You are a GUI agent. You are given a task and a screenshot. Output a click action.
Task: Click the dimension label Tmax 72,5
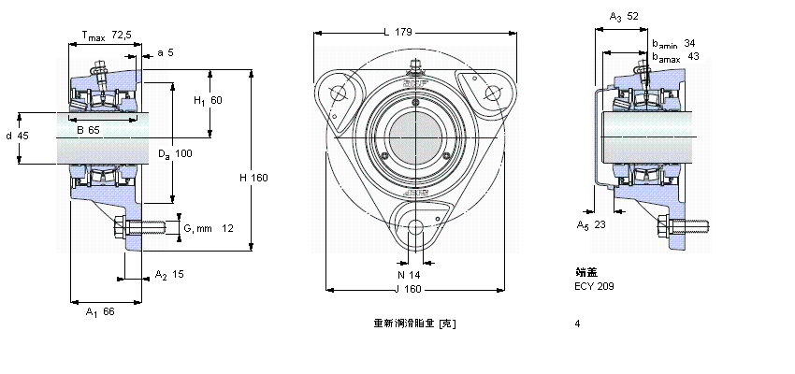click(105, 36)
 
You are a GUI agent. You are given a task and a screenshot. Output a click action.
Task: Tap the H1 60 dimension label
click(208, 100)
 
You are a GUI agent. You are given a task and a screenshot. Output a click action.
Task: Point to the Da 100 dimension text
click(174, 153)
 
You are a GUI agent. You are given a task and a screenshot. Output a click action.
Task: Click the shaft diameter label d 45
click(17, 136)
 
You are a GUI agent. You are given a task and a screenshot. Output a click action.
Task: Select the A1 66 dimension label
click(99, 311)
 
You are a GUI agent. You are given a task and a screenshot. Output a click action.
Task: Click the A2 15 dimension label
click(169, 275)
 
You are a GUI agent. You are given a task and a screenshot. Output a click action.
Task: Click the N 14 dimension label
click(410, 275)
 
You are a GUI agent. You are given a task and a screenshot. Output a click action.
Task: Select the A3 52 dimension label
click(624, 17)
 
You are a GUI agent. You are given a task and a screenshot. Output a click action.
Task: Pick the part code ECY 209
click(595, 286)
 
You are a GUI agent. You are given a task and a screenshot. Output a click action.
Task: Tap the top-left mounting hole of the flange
click(339, 92)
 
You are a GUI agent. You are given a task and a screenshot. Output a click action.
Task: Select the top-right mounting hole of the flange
click(491, 91)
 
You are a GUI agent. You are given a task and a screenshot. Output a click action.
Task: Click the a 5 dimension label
click(165, 52)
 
